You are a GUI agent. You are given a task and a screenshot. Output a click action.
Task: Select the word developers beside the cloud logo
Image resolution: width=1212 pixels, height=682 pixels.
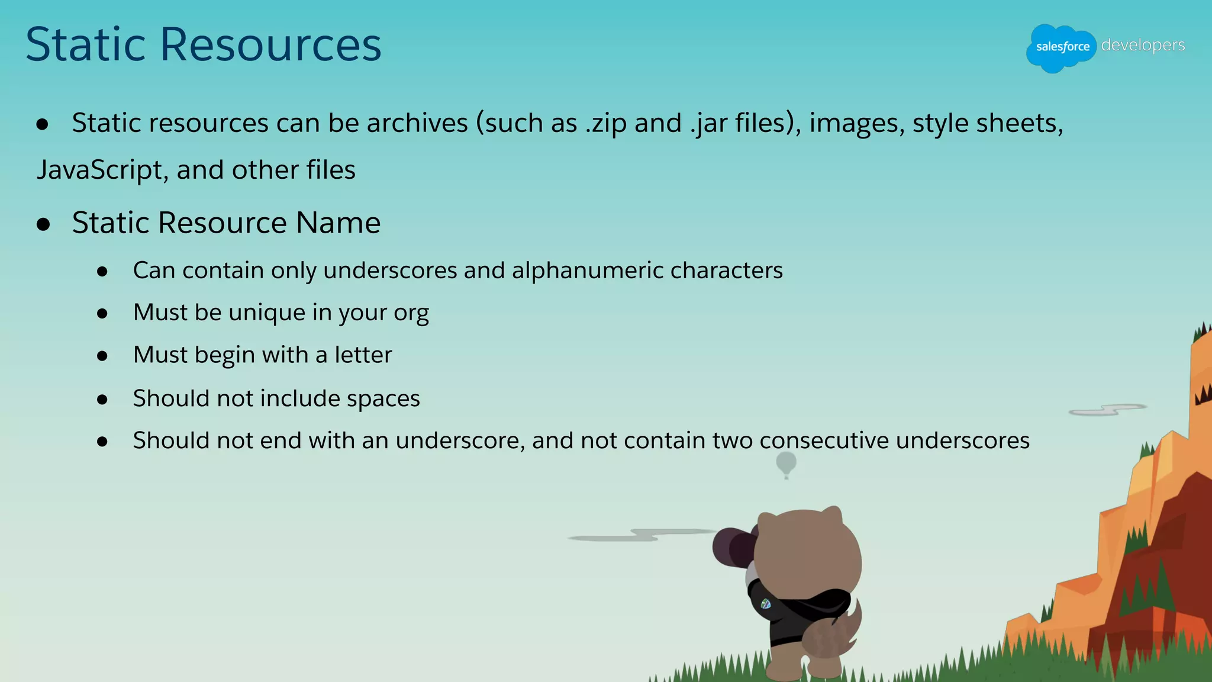(1143, 45)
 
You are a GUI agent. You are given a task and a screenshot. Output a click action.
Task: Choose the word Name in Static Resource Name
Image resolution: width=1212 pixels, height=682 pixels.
(338, 223)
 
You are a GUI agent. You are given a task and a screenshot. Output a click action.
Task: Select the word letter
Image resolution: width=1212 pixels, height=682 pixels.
(363, 355)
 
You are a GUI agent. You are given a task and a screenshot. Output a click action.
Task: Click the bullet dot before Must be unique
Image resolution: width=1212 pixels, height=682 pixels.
(102, 313)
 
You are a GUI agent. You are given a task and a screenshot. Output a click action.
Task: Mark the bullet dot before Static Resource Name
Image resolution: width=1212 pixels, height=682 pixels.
(43, 224)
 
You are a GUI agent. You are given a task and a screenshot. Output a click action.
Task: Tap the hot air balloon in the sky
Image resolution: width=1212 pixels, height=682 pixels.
(786, 464)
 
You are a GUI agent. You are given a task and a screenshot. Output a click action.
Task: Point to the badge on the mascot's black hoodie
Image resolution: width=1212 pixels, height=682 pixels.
(765, 604)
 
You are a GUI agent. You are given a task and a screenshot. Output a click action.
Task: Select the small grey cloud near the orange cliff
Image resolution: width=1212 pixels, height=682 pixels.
(1107, 410)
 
